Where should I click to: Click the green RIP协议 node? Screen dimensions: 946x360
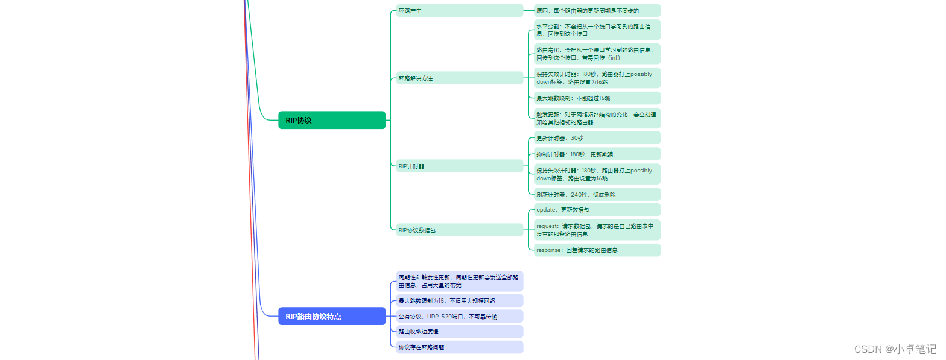pos(331,120)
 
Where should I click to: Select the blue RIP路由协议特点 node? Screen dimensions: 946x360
pos(331,316)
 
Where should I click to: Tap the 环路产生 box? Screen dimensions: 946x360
pos(459,10)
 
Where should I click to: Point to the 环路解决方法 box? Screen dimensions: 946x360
pos(459,78)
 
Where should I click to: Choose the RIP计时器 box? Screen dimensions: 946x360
pos(459,166)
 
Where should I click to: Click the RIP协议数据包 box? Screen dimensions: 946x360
pos(459,230)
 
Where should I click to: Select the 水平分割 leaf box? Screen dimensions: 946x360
pos(597,30)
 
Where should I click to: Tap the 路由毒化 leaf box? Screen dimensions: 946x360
pos(597,54)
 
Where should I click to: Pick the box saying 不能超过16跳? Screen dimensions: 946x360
pos(597,98)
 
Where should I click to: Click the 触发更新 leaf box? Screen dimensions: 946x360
pos(597,118)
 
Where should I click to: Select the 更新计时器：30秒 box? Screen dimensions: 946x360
pos(597,137)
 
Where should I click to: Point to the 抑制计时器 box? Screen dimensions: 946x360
pos(597,154)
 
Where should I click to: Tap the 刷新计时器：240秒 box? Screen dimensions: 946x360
pos(597,194)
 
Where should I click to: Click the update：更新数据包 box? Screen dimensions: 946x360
pos(597,210)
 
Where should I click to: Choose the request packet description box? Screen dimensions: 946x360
pos(597,230)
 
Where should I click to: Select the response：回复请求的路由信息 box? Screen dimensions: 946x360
pos(597,250)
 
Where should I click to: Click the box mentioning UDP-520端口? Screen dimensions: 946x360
pos(459,316)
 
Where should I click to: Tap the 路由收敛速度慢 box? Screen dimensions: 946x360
pos(459,331)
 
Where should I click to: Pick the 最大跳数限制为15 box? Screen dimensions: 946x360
pos(459,300)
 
